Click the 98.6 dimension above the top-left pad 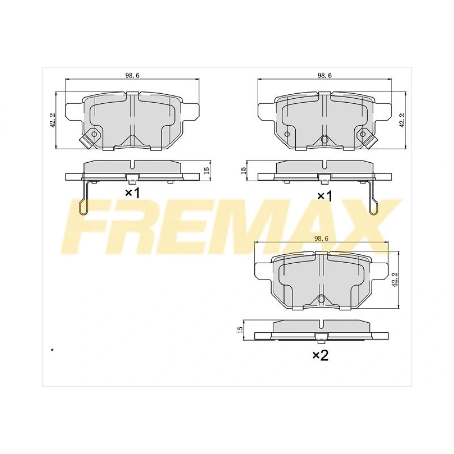tap(132, 75)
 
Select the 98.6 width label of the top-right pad tap(324, 75)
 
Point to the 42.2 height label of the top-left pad tap(52, 120)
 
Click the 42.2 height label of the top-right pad tap(401, 120)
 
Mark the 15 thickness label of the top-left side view tap(206, 170)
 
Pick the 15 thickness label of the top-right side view tap(243, 170)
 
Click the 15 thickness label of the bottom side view tap(240, 328)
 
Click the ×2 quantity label tap(320, 356)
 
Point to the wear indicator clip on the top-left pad tap(90, 136)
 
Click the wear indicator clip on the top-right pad tap(365, 136)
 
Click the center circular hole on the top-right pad tap(324, 139)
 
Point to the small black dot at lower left tap(52, 349)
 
